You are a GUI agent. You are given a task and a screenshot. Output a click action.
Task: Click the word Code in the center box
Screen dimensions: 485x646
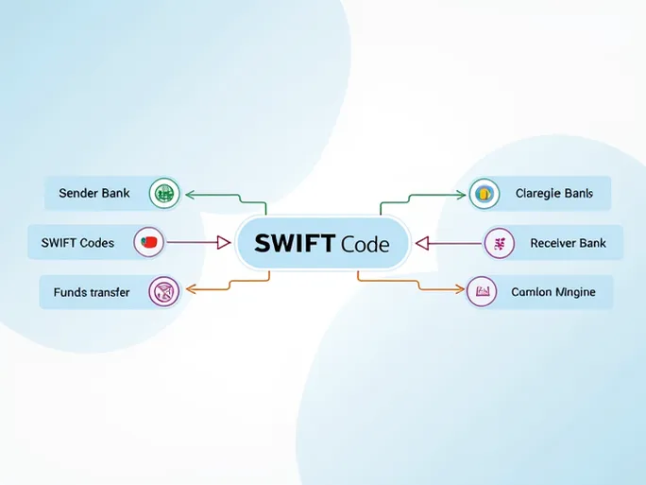(365, 244)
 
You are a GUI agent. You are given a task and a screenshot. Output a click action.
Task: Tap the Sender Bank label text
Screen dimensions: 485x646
(93, 193)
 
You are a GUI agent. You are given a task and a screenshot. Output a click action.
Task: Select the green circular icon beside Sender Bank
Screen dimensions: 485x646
(165, 194)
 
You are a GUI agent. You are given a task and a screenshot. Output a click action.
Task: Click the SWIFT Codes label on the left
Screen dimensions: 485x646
(77, 243)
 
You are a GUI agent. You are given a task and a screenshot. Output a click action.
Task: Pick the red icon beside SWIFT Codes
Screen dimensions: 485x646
(149, 243)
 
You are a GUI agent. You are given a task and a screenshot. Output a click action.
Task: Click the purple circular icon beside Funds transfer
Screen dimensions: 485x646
(164, 292)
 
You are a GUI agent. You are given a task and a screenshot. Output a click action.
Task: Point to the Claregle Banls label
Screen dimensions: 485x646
(554, 193)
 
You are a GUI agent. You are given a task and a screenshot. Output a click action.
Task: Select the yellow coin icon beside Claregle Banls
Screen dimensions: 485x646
(484, 194)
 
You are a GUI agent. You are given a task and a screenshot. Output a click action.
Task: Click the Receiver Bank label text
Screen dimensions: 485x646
(568, 243)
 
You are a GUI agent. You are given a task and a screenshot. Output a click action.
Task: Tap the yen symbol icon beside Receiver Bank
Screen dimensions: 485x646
(499, 244)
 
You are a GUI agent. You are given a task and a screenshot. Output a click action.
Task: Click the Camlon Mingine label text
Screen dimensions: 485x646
(553, 292)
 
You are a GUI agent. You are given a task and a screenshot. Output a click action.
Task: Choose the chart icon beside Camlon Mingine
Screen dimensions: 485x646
(483, 292)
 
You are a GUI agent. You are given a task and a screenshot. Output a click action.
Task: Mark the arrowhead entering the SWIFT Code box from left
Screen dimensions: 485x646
(224, 243)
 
